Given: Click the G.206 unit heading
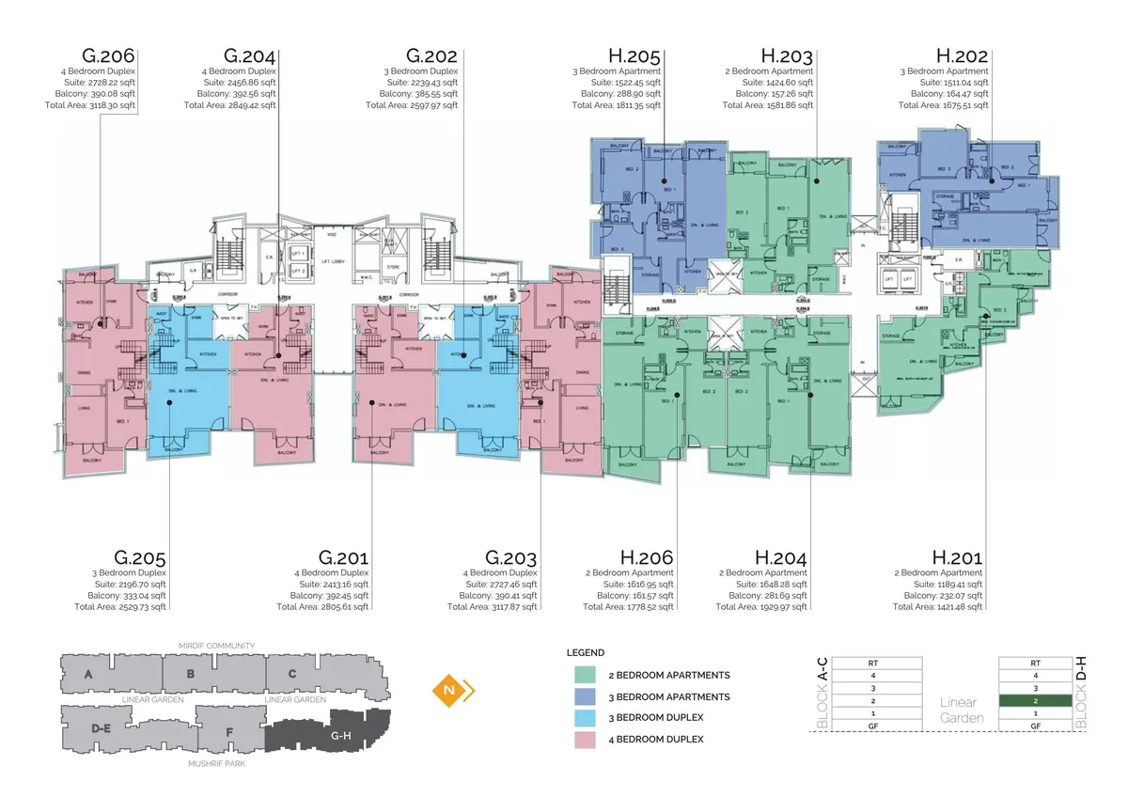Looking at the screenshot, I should coord(110,55).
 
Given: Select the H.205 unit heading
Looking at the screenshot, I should coord(634,55).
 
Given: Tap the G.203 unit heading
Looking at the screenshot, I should coord(511,558).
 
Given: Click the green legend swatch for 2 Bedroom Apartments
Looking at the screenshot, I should coord(583,675).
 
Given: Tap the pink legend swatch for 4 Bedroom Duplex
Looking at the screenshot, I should coord(583,739).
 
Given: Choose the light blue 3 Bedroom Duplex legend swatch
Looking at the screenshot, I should coord(583,717).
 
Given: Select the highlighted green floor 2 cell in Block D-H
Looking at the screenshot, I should coord(1035,701).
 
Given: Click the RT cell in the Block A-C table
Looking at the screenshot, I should coord(874,662).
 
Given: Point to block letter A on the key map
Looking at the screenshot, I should coord(88,674).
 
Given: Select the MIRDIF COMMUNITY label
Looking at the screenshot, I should coord(217,646).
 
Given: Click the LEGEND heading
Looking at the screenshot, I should coord(585,652).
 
